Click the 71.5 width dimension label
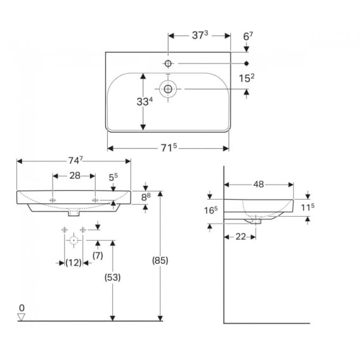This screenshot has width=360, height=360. [169, 148]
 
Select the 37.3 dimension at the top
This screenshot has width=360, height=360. [200, 35]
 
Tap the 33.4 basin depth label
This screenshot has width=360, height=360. [145, 101]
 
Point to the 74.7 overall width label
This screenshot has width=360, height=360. [75, 160]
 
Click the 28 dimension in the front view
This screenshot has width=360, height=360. [75, 176]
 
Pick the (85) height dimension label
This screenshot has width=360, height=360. [160, 260]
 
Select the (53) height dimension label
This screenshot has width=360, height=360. [113, 278]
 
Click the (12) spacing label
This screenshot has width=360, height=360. [74, 262]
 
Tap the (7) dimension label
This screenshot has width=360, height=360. [98, 255]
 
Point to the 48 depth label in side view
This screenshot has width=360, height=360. [259, 184]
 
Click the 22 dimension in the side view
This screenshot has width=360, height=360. [241, 236]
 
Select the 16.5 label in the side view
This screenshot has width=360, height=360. [211, 210]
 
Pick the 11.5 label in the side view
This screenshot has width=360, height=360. [307, 207]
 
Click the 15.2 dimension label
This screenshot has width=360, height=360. [247, 78]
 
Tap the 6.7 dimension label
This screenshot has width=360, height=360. [248, 36]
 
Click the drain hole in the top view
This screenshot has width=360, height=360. [168, 89]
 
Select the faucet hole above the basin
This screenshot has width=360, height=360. [168, 63]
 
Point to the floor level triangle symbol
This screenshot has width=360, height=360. [22, 317]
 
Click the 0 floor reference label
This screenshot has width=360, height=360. [22, 307]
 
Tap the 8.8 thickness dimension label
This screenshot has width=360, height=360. [146, 197]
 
